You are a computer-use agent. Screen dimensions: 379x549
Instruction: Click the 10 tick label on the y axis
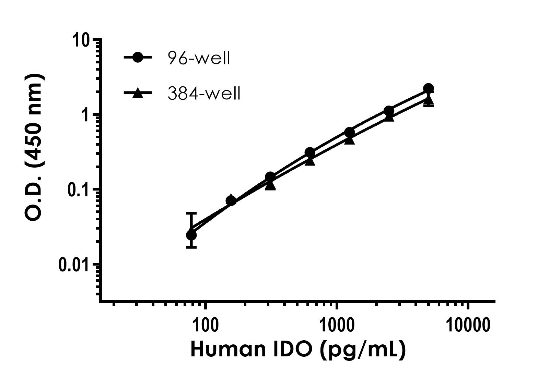click(81, 40)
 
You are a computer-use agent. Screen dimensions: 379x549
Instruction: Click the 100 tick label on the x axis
click(205, 325)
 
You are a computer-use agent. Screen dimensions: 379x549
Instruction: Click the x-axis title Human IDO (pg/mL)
click(298, 350)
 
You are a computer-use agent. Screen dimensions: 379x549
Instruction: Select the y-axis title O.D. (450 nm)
click(34, 147)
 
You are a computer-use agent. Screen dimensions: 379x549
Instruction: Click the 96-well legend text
click(199, 58)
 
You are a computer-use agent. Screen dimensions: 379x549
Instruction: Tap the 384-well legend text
click(204, 93)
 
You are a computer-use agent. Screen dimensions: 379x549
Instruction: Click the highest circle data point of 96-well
click(428, 88)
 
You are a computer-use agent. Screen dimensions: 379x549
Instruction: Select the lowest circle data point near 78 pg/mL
click(191, 235)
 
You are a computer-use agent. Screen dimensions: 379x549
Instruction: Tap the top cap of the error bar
click(191, 213)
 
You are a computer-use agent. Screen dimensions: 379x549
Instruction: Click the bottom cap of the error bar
click(191, 247)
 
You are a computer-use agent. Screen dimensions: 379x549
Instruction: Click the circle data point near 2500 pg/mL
click(389, 111)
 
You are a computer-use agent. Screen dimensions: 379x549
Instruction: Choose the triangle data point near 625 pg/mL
click(310, 160)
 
